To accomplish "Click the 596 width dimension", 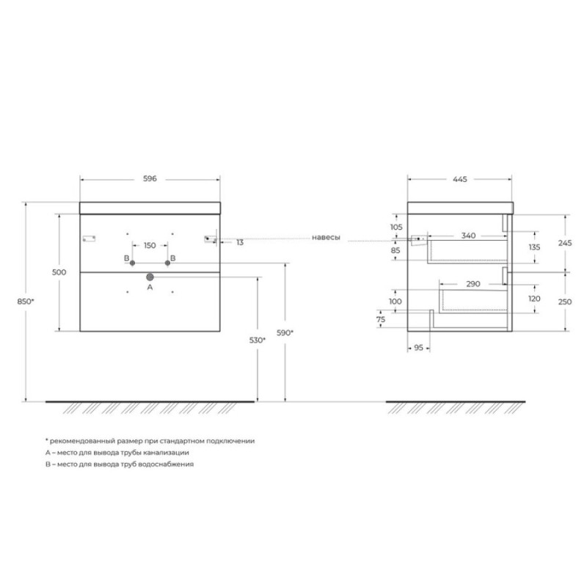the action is coord(150,179).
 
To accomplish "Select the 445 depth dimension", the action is coord(460,179).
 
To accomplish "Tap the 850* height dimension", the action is coord(26,302).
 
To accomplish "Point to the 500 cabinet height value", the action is coord(59,272).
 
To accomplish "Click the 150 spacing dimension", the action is coord(150,246).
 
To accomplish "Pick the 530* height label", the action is coord(258,340).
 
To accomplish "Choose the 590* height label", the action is coord(285,332).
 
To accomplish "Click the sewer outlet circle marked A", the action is coord(150,277).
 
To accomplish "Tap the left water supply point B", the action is coord(132,263).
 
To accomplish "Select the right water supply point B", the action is coord(167,263).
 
